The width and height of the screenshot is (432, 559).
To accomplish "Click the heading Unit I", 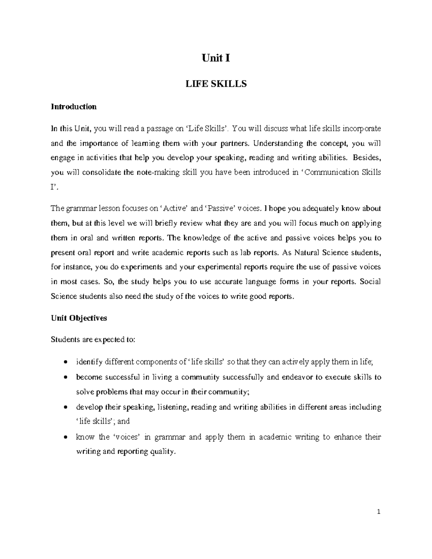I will pos(216,58).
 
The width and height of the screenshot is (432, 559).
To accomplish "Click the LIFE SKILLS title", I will pos(216,84).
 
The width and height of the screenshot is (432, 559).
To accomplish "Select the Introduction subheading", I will pos(74,107).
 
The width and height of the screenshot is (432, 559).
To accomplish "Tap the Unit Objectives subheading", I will pos(79,318).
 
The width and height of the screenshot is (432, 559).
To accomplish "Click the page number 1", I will pos(379,512).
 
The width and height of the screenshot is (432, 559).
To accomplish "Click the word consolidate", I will pos(102,172).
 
